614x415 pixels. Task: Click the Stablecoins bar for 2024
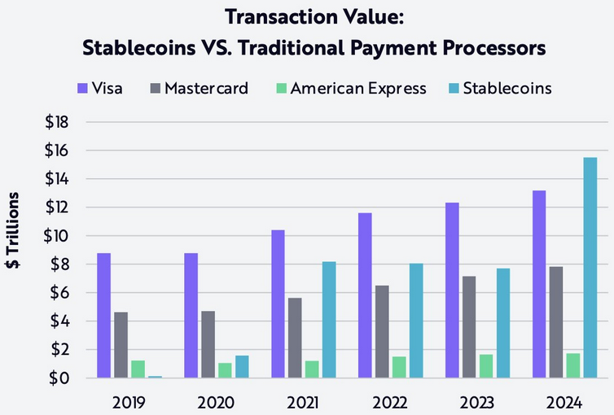590,268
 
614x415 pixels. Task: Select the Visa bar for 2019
103,316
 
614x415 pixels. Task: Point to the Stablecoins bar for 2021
329,320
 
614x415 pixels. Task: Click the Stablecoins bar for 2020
242,367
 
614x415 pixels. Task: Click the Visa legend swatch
82,88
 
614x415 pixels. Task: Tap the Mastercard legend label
206,88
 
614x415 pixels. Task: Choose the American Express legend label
357,88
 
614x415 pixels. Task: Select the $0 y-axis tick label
62,378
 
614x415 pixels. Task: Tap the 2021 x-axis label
302,402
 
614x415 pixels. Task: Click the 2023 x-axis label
476,402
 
